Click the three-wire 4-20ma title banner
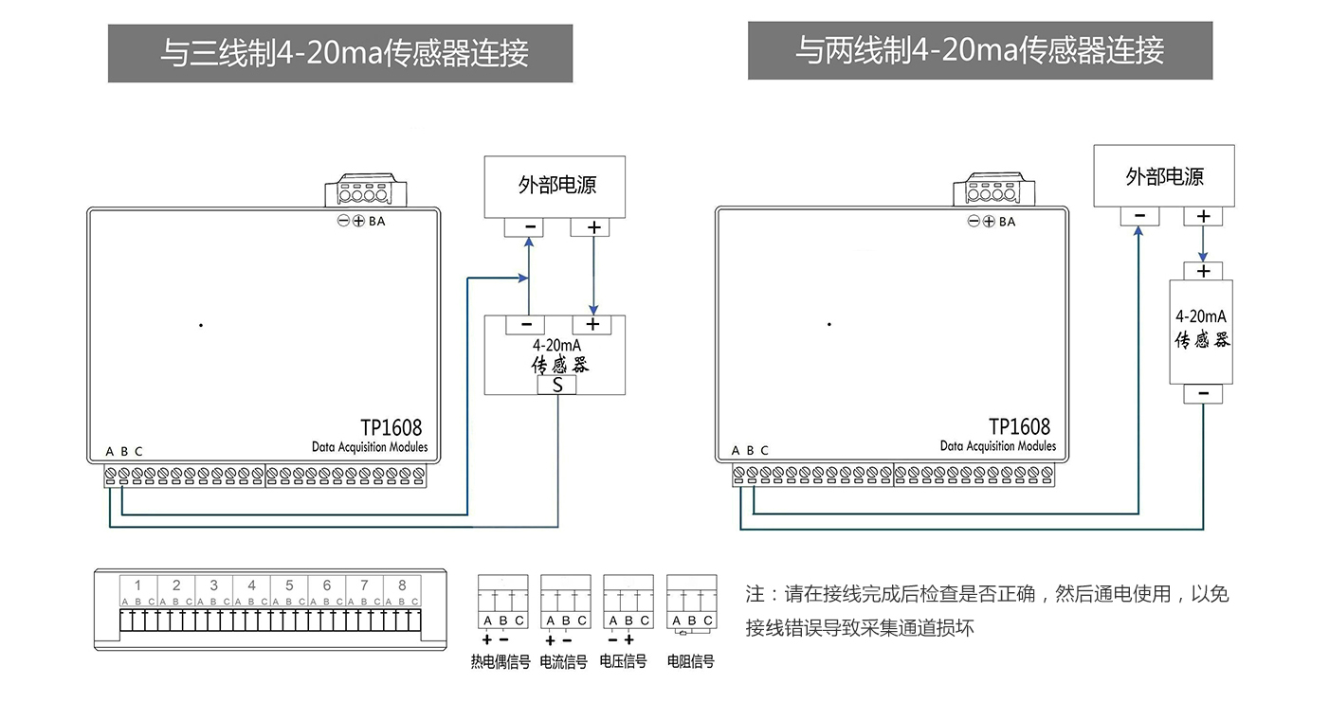[x=340, y=53]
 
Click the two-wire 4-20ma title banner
[x=979, y=50]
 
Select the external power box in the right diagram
[x=1164, y=175]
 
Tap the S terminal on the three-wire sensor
[x=557, y=386]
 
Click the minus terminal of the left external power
[x=529, y=227]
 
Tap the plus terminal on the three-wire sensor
[x=593, y=324]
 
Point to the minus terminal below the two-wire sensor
[x=1203, y=393]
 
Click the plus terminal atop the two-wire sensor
[x=1203, y=271]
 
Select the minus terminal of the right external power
[x=1138, y=216]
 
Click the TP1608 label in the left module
[x=391, y=428]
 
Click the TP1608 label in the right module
[x=1019, y=427]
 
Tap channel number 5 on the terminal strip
[x=289, y=585]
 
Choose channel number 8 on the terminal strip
[x=402, y=585]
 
